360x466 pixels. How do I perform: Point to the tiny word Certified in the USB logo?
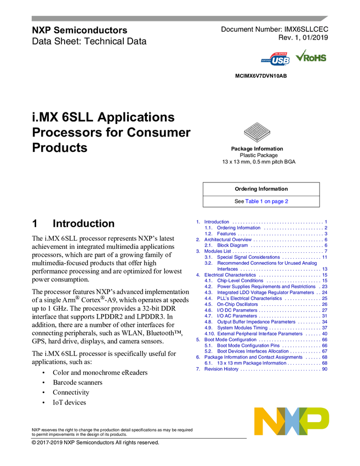pyautogui.click(x=266, y=59)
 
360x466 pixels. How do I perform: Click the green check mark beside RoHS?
pyautogui.click(x=300, y=56)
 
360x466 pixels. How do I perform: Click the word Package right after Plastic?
pyautogui.click(x=268, y=155)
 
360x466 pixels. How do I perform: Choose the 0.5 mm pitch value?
pyautogui.click(x=261, y=162)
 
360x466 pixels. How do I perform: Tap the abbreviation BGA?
pyautogui.click(x=290, y=162)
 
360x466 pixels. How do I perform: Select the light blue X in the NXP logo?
pyautogui.click(x=291, y=421)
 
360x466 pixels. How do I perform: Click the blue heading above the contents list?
pyautogui.click(x=267, y=201)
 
